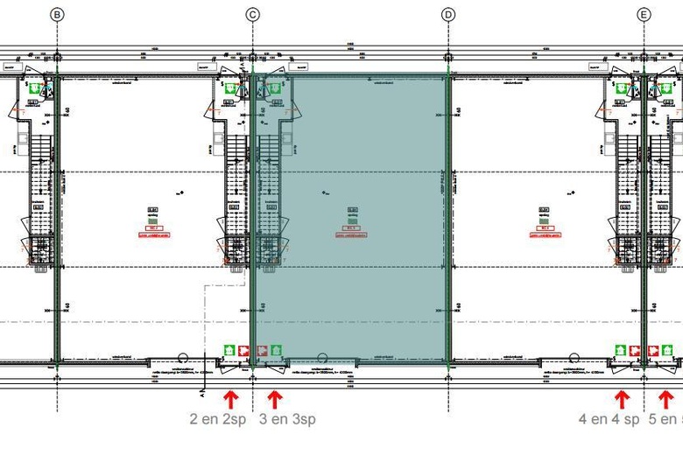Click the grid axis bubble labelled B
coord(57,14)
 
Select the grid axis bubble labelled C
coord(252,14)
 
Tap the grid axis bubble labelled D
coord(448,14)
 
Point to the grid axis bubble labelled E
coord(644,14)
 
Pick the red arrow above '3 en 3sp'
coord(274,400)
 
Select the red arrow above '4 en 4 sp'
coord(622,400)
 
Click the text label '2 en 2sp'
coord(217,419)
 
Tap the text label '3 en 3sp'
coord(288,419)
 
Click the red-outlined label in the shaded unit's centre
coord(351,234)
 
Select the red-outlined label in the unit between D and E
coord(545,234)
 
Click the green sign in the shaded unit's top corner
coord(273,87)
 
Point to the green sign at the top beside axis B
coord(35,87)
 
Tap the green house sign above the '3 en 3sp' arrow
coord(276,350)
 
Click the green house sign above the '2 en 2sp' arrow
coord(229,350)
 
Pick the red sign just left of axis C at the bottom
coord(243,350)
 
